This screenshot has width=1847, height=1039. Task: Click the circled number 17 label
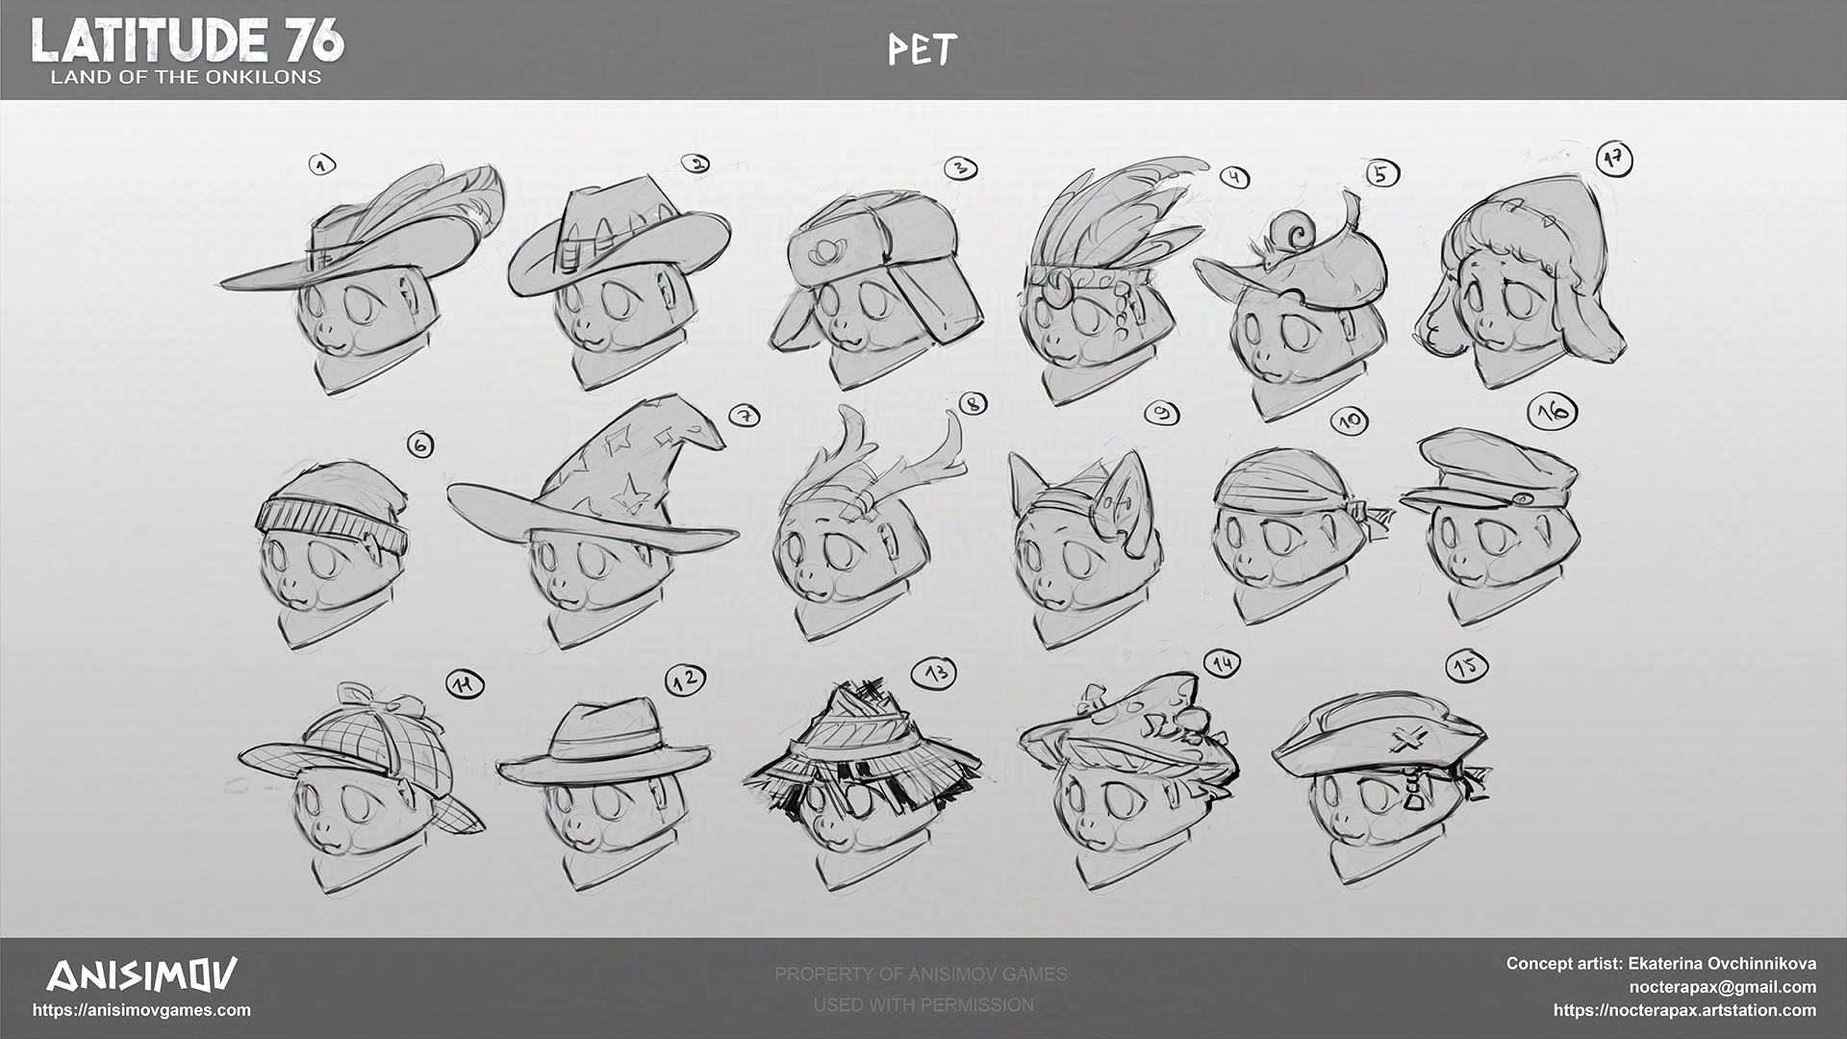click(1614, 159)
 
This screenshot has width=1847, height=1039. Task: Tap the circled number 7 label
click(745, 416)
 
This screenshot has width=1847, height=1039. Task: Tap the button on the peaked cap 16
click(1524, 498)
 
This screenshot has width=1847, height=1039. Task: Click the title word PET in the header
click(922, 50)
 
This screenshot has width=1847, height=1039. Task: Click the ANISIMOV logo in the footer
click(141, 976)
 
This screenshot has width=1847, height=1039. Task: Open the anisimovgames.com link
click(141, 1010)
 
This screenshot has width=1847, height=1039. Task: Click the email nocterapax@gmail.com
click(1722, 987)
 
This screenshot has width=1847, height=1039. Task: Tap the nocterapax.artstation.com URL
click(1684, 1010)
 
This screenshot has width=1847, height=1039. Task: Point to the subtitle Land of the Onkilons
click(186, 77)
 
